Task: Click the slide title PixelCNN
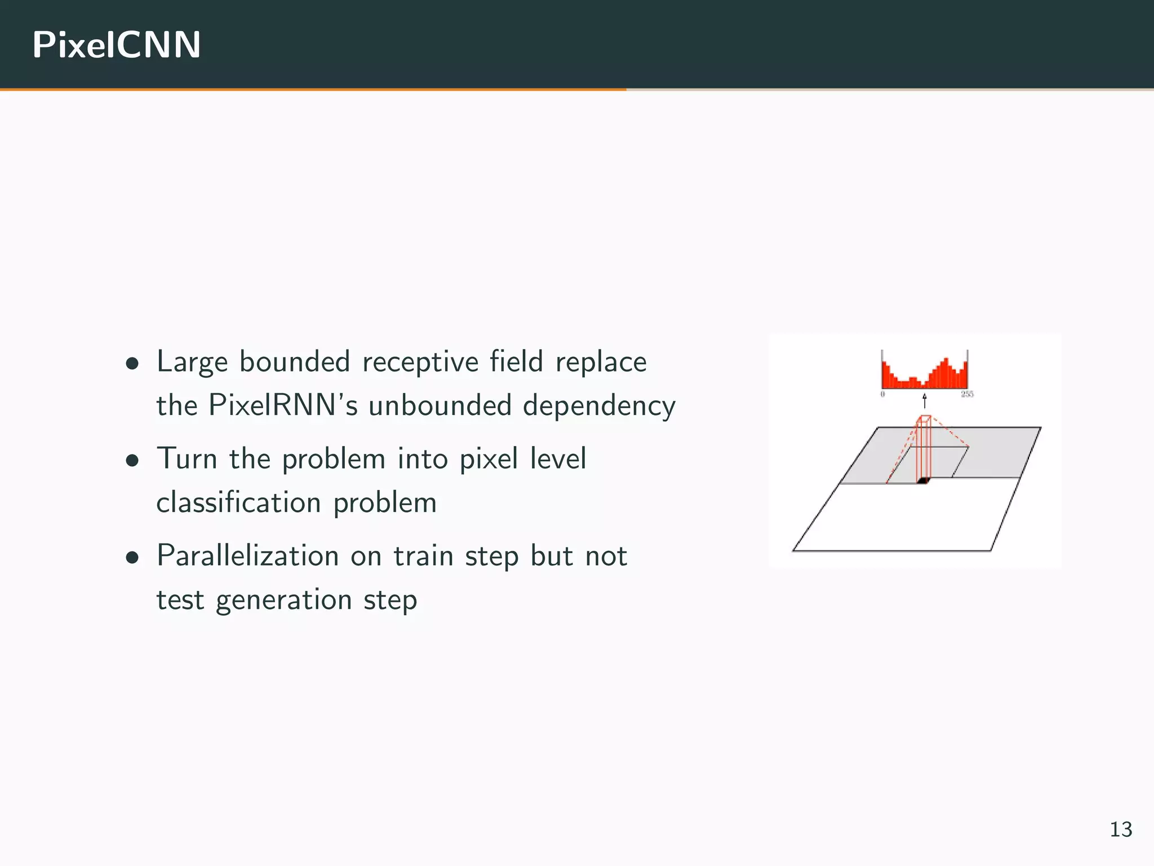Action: click(x=116, y=45)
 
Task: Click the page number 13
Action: click(x=1121, y=829)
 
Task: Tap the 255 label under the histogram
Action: click(x=967, y=394)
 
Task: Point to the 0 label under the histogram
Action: click(x=882, y=394)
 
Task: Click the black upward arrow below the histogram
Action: click(x=925, y=401)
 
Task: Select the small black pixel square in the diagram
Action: click(x=922, y=480)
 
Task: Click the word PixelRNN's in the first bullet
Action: click(x=283, y=405)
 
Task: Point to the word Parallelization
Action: click(x=247, y=556)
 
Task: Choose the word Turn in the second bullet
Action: click(x=187, y=458)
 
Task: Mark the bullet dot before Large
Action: click(x=133, y=364)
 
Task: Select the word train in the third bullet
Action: click(x=423, y=556)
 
